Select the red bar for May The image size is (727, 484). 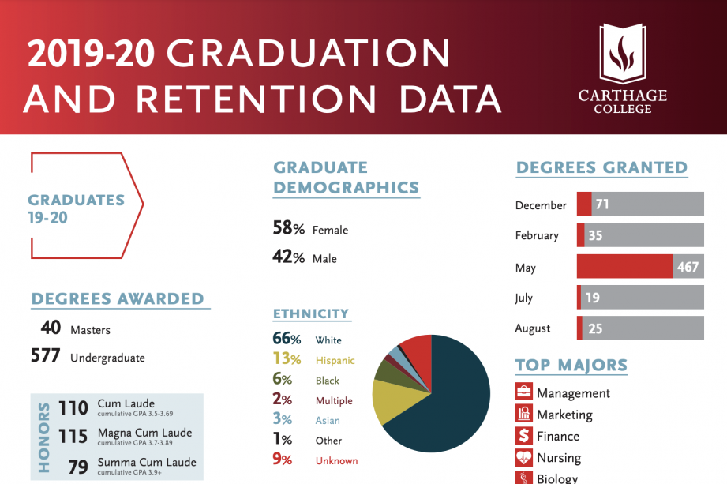coord(624,267)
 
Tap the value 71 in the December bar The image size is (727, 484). coord(602,204)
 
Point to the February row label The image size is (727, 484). coord(537,235)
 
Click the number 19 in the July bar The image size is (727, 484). coord(593,298)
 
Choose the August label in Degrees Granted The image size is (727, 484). coord(533,328)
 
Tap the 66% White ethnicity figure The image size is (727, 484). coord(287,340)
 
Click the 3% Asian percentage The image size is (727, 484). coord(283,420)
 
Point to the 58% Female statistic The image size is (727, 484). coord(288,229)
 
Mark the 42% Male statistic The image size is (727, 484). coord(288,258)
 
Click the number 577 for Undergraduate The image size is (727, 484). coord(46,356)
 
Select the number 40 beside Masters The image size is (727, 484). coord(51,328)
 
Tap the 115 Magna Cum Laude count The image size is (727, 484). coord(73,436)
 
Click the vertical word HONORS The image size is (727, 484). coord(44,437)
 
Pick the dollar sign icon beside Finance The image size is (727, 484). coord(523,436)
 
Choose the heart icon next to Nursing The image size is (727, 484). coord(523,457)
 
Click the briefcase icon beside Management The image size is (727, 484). coord(523,392)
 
